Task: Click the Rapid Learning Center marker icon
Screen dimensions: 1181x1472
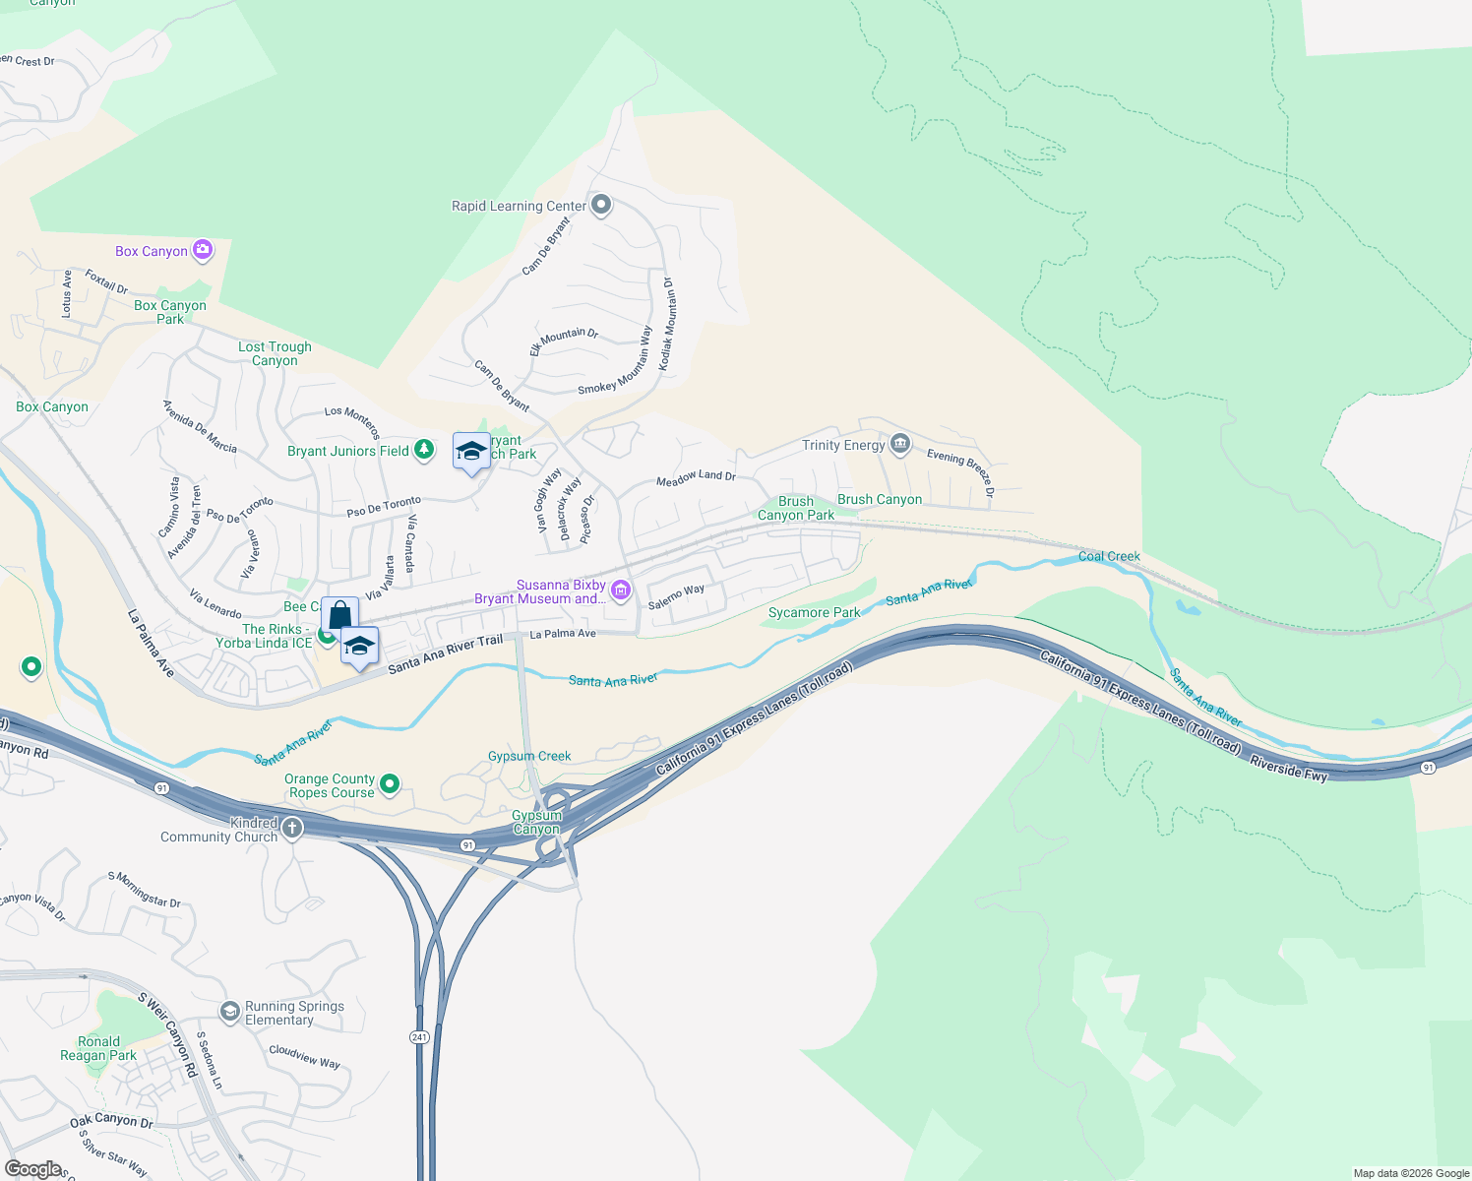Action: click(601, 206)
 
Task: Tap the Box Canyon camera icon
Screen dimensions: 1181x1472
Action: click(203, 250)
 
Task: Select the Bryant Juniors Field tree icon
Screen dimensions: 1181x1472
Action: click(424, 450)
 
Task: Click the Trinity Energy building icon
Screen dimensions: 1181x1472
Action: click(899, 445)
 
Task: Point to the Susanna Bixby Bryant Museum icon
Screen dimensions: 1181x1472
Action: click(621, 590)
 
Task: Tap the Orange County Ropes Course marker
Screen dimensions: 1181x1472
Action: click(390, 784)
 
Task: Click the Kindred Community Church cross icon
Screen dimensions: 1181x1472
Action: click(292, 830)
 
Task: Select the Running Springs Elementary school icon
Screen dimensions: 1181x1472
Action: click(229, 1012)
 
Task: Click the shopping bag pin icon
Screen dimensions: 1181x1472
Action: click(339, 615)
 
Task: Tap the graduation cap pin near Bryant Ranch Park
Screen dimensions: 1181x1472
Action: click(471, 451)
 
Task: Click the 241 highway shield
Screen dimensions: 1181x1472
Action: click(419, 1037)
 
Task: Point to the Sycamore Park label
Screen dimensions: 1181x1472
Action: click(814, 612)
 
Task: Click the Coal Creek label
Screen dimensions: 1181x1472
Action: click(1109, 556)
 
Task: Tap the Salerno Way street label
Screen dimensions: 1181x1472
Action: click(676, 596)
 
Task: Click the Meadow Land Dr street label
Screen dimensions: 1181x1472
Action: click(696, 477)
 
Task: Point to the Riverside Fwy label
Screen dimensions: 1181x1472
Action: click(1288, 768)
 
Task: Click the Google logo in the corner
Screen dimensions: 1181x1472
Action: click(32, 1168)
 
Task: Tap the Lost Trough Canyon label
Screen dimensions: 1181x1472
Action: click(275, 353)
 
